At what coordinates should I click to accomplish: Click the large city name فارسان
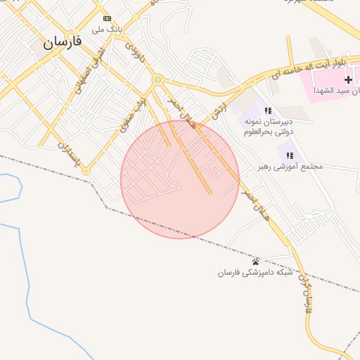tap(63, 41)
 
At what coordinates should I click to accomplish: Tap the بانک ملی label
tap(107, 30)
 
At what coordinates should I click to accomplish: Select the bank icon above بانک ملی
tap(107, 18)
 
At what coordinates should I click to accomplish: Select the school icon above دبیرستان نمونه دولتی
tap(268, 110)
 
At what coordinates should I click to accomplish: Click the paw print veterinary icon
tap(255, 262)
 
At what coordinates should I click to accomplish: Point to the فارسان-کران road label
tap(304, 293)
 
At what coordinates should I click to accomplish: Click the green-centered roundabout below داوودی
tap(157, 79)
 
